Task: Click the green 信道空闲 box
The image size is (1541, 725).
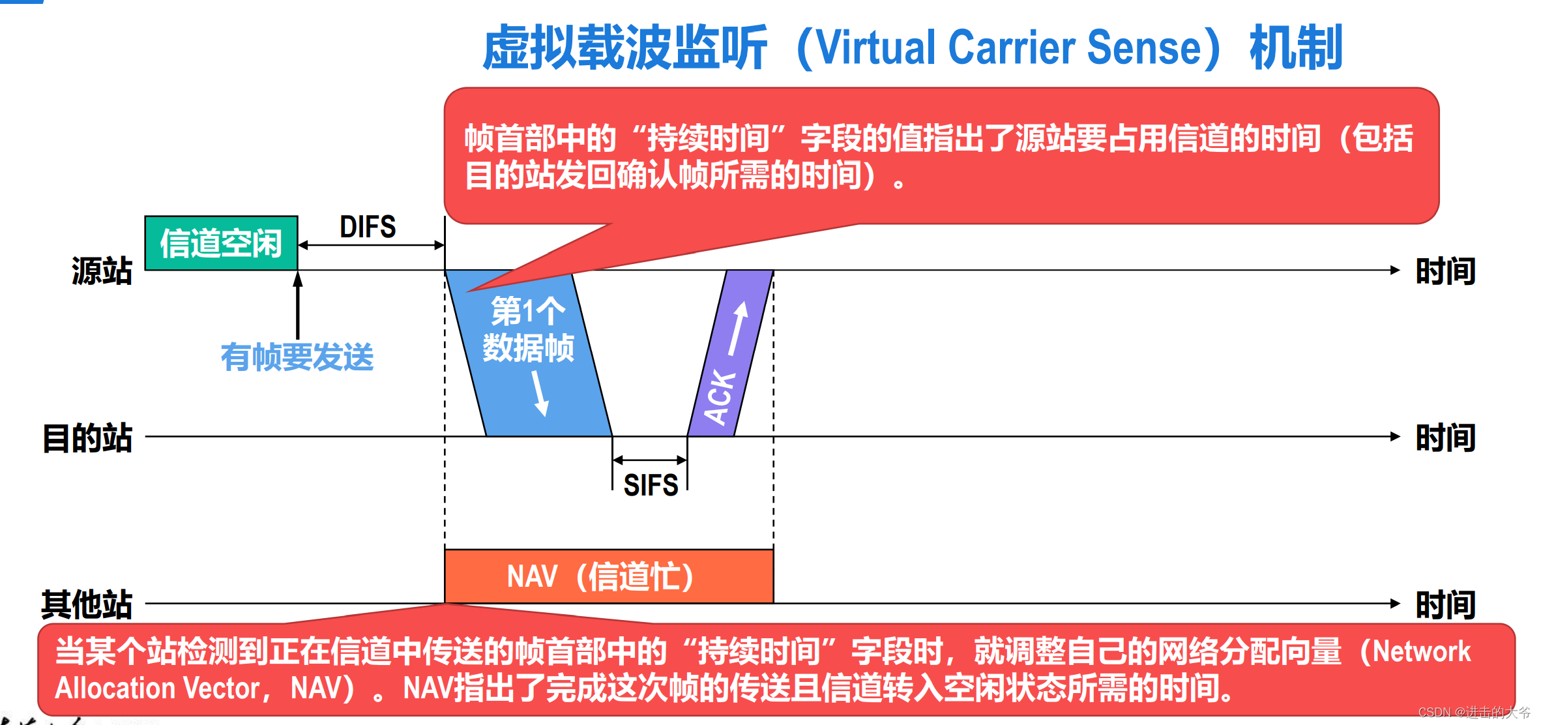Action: pyautogui.click(x=221, y=243)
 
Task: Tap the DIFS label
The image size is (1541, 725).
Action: pyautogui.click(x=368, y=227)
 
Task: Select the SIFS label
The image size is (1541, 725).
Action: pyautogui.click(x=651, y=485)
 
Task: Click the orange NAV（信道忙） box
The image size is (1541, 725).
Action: pyautogui.click(x=608, y=576)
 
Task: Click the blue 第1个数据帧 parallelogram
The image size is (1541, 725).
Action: pyautogui.click(x=528, y=352)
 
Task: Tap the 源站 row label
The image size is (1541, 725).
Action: pyautogui.click(x=102, y=271)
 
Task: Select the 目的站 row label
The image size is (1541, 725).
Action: pyautogui.click(x=87, y=437)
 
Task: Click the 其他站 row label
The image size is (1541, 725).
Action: pyautogui.click(x=87, y=604)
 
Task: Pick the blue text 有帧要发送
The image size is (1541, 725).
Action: pyautogui.click(x=297, y=357)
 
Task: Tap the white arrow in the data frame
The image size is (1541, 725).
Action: pyautogui.click(x=540, y=393)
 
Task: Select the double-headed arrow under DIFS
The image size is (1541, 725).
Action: pyautogui.click(x=371, y=246)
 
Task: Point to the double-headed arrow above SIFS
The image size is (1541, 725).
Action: pyautogui.click(x=650, y=460)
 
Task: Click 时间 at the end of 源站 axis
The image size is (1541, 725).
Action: pyautogui.click(x=1445, y=271)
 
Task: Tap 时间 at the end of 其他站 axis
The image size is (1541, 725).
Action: pyautogui.click(x=1445, y=605)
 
